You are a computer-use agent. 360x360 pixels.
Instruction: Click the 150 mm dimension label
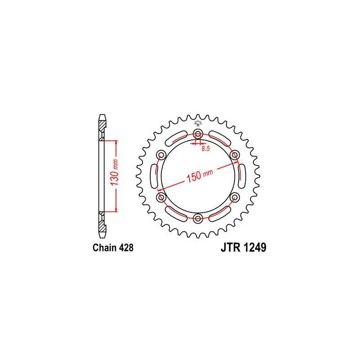pos(200,175)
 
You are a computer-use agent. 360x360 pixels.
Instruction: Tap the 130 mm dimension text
pos(114,173)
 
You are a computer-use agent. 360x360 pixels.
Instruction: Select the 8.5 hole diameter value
pos(206,148)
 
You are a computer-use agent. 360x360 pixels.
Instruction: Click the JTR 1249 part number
pos(243,248)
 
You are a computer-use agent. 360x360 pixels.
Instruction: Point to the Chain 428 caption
pos(113,248)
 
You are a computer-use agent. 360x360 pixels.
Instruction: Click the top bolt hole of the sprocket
pos(198,133)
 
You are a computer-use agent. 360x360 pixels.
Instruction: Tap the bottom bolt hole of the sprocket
pos(198,218)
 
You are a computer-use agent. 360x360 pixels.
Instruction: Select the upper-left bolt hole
pos(161,155)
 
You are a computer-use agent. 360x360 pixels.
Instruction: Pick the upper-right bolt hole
pos(234,155)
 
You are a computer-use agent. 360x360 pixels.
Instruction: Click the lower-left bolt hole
pos(161,197)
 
